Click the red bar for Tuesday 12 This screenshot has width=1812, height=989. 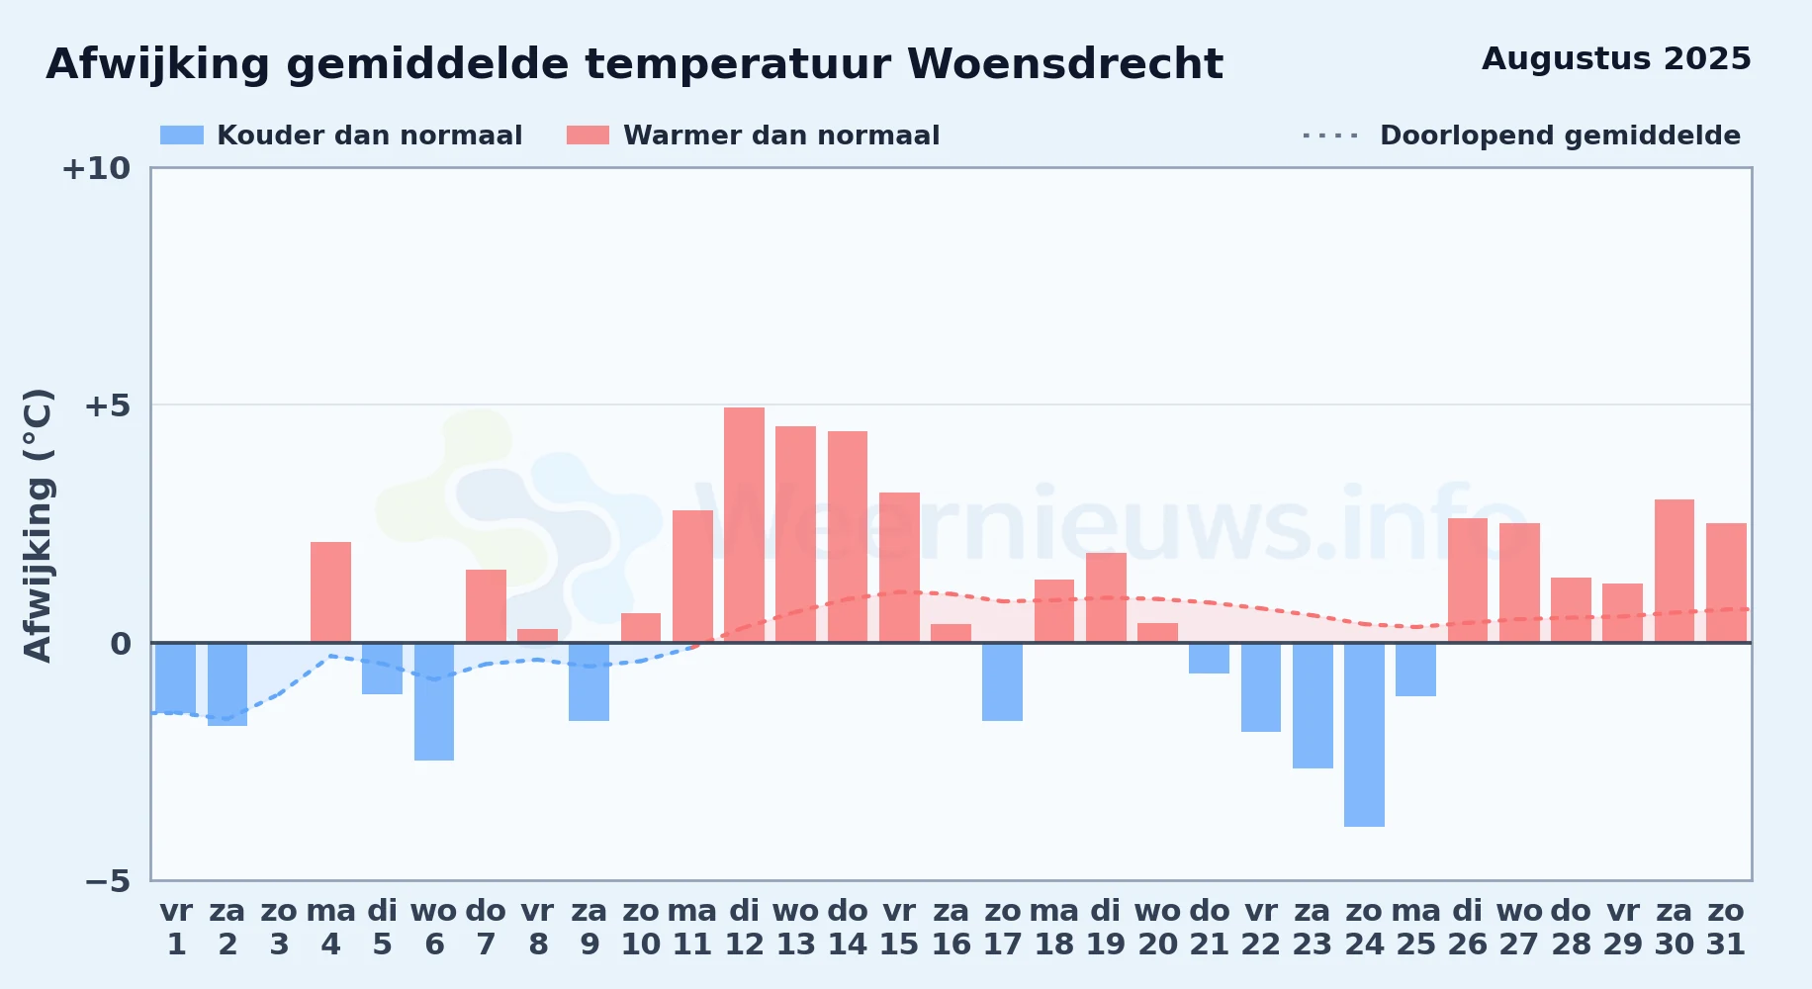(x=744, y=525)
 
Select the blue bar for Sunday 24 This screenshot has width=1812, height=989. (x=1364, y=735)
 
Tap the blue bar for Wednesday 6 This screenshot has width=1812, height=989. (x=434, y=701)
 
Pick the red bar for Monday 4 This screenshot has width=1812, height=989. (x=330, y=592)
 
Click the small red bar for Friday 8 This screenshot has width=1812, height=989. (x=537, y=636)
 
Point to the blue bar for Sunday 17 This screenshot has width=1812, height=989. (x=1002, y=681)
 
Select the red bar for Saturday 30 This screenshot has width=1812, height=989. (x=1675, y=571)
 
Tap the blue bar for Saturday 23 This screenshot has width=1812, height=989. (x=1313, y=705)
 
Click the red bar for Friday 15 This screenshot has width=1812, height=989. (x=899, y=568)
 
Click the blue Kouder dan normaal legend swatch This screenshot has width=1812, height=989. (x=182, y=135)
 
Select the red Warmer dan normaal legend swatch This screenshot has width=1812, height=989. (x=589, y=135)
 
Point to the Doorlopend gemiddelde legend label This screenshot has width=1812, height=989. (x=1560, y=135)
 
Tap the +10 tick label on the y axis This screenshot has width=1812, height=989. (x=96, y=169)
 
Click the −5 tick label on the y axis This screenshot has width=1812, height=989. (x=107, y=881)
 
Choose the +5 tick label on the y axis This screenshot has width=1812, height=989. (x=107, y=405)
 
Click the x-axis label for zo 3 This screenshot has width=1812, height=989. (x=279, y=928)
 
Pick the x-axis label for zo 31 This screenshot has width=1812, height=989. (x=1726, y=928)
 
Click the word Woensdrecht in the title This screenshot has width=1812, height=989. (x=1065, y=64)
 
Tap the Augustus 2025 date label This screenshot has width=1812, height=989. (x=1616, y=59)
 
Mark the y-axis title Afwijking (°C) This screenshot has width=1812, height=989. (x=38, y=525)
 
